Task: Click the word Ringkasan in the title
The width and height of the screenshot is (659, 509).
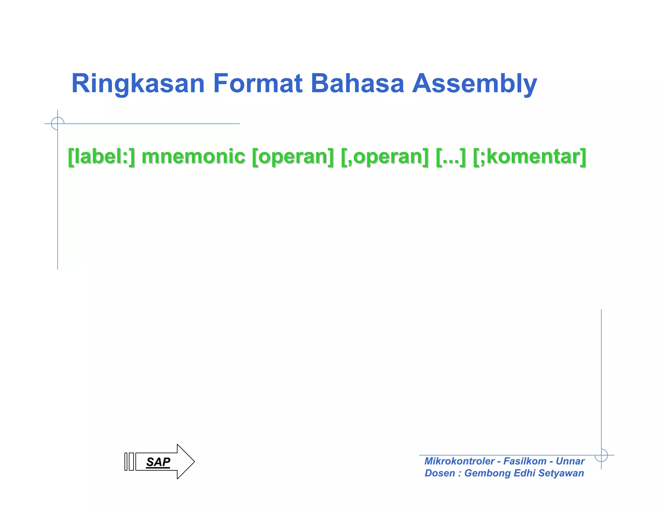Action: pyautogui.click(x=138, y=84)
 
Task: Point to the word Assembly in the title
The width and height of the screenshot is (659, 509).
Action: pyautogui.click(x=475, y=84)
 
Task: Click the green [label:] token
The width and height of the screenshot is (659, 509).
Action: pyautogui.click(x=102, y=157)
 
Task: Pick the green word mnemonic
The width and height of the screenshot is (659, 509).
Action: pyautogui.click(x=193, y=157)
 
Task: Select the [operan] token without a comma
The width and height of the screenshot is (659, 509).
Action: pyautogui.click(x=293, y=157)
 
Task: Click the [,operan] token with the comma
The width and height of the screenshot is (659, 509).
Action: pyautogui.click(x=385, y=157)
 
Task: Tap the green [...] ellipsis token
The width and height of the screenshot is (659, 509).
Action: pyautogui.click(x=450, y=157)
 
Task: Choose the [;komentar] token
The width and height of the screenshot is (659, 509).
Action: pyautogui.click(x=530, y=157)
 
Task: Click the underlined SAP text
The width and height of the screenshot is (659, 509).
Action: pyautogui.click(x=158, y=462)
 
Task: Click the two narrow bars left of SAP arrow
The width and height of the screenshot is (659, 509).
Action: pyautogui.click(x=129, y=462)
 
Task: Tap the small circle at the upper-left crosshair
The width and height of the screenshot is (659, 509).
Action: pyautogui.click(x=58, y=124)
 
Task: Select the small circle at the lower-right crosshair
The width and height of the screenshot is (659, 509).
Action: pyautogui.click(x=601, y=455)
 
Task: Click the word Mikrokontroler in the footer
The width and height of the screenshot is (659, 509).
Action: pyautogui.click(x=459, y=461)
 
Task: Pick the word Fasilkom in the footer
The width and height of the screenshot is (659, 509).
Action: pyautogui.click(x=525, y=461)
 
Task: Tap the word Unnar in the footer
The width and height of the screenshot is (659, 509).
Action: pyautogui.click(x=570, y=461)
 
